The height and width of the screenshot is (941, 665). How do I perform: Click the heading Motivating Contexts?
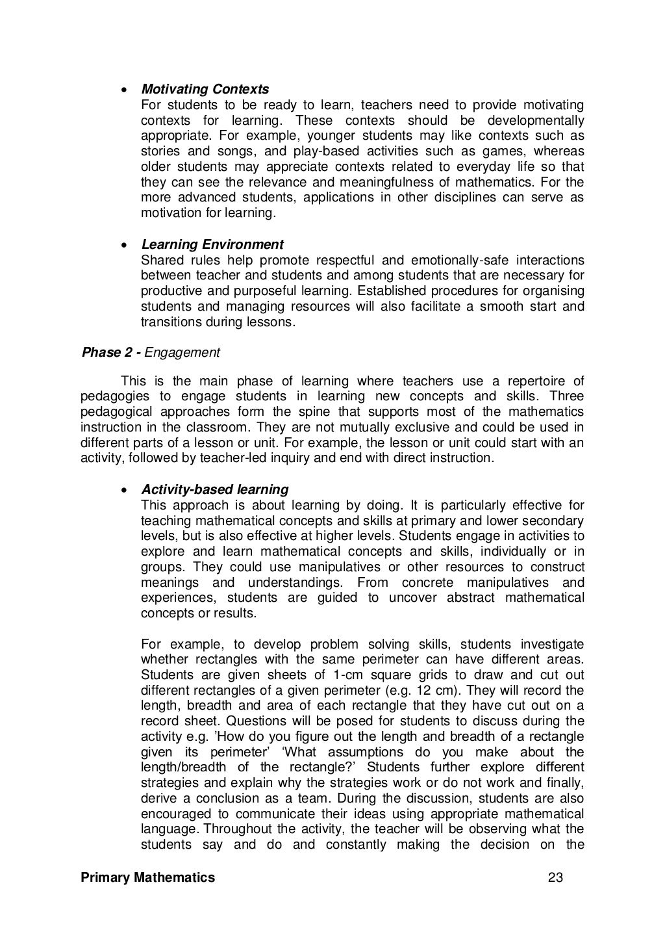[205, 89]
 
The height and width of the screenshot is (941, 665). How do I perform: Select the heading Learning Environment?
[212, 244]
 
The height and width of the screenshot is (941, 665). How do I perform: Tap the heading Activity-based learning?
[215, 489]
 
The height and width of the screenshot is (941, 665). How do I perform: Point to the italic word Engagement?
[182, 352]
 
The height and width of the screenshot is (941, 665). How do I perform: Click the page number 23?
[555, 878]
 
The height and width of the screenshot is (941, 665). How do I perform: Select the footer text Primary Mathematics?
[147, 878]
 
